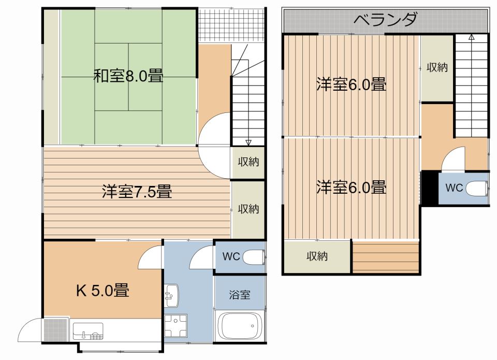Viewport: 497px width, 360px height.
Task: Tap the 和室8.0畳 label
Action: pos(128,77)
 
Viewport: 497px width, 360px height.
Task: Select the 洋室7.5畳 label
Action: pos(136,192)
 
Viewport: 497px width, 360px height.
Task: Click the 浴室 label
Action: pos(240,295)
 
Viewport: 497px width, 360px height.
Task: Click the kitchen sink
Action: pos(88,330)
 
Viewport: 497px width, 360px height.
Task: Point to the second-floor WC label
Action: pos(454,188)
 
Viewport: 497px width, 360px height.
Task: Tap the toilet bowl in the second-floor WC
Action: pos(477,189)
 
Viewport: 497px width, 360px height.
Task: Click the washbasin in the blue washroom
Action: pos(171,296)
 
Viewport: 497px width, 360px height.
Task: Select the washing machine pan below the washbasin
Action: pos(175,326)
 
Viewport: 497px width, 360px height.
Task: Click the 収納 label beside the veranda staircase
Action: pos(437,67)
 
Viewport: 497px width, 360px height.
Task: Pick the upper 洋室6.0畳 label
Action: pos(351,84)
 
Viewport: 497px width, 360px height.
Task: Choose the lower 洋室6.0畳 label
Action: pos(351,186)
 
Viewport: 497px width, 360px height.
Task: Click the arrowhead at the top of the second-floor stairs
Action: pos(471,37)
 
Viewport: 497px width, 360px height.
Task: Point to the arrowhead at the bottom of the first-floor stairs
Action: pos(248,142)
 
